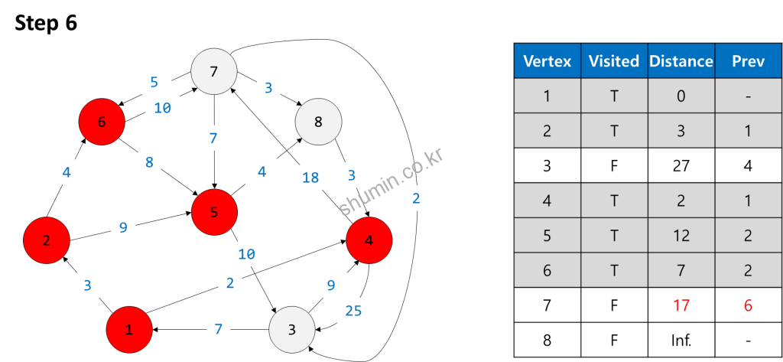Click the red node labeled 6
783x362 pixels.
click(102, 122)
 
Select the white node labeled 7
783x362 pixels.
click(213, 72)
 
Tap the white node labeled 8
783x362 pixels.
click(318, 122)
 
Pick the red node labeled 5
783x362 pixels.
click(214, 212)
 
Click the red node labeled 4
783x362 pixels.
click(369, 240)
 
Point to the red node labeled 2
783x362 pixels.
click(47, 240)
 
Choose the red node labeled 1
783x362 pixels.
click(129, 330)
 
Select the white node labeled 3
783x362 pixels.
click(292, 330)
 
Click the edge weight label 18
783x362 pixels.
click(310, 178)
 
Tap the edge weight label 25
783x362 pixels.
click(353, 310)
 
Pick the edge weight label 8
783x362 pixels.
click(149, 162)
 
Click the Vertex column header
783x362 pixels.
click(547, 61)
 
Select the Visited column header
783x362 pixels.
click(614, 61)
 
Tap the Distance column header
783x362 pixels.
click(681, 61)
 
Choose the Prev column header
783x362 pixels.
click(748, 61)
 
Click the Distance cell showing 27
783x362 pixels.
click(681, 166)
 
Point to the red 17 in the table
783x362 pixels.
click(681, 305)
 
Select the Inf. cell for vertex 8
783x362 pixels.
click(681, 340)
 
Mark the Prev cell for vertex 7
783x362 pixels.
click(748, 305)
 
